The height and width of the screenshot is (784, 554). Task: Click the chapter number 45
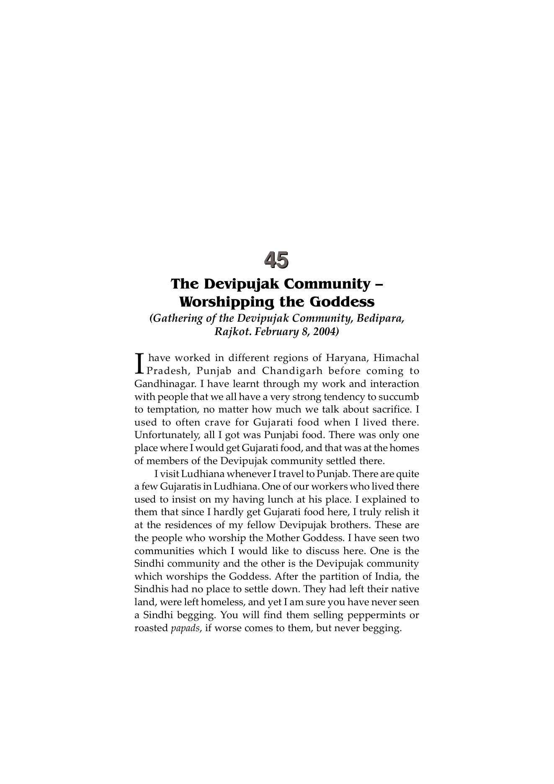tap(276, 260)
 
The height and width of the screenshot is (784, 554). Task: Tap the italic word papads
tap(185, 628)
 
